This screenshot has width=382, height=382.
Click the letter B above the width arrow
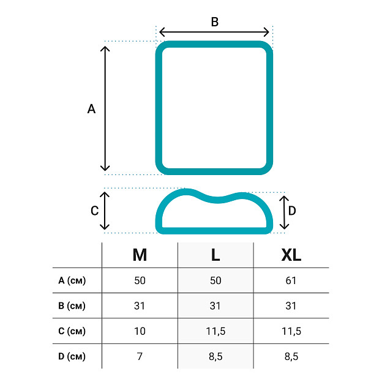point(215,21)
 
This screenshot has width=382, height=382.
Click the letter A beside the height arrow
point(91,108)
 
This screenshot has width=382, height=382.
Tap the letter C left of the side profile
point(94,211)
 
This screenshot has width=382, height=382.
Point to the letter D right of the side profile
point(292,211)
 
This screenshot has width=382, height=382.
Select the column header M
point(140,255)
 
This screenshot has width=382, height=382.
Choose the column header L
point(215,255)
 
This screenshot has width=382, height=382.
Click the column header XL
point(291,255)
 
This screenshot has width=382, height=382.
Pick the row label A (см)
point(72,280)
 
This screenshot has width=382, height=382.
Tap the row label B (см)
point(72,305)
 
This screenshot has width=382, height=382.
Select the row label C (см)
point(72,331)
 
